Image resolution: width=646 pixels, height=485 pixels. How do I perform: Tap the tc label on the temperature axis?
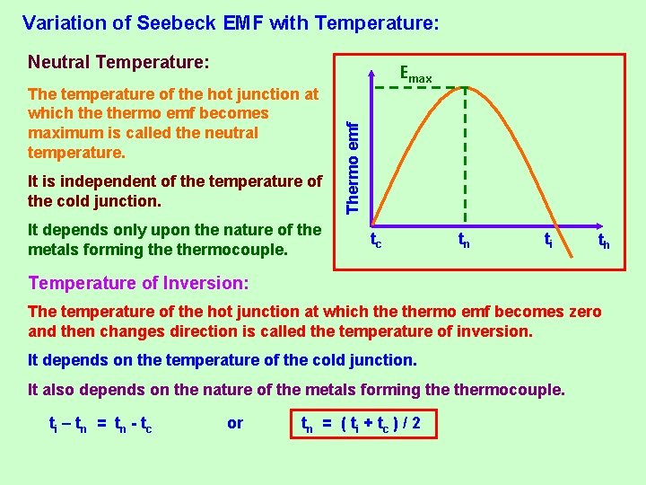click(x=376, y=241)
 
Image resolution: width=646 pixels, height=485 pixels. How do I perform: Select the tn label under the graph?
click(x=463, y=241)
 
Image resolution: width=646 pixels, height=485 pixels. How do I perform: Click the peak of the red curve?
click(x=464, y=87)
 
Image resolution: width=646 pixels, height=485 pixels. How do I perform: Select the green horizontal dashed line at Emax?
click(x=417, y=87)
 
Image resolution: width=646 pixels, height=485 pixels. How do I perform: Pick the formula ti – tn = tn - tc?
click(x=100, y=424)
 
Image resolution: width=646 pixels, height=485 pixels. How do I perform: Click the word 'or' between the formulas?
click(x=235, y=423)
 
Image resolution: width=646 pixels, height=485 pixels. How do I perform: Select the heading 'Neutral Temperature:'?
click(x=118, y=63)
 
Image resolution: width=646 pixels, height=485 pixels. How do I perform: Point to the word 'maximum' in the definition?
click(x=63, y=133)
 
